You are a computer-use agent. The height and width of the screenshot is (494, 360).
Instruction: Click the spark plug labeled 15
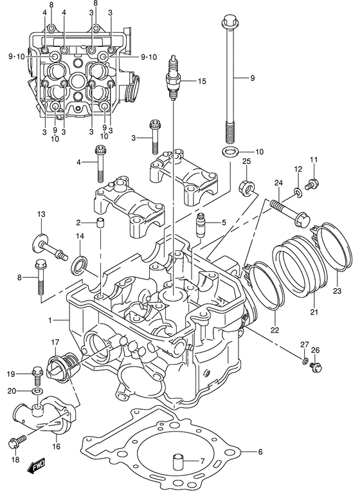coord(172,80)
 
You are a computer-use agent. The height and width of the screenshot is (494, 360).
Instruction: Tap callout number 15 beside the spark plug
coord(201,81)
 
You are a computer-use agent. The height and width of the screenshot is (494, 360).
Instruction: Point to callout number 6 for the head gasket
coord(260,452)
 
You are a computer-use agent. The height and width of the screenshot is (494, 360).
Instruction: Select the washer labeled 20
coord(37,391)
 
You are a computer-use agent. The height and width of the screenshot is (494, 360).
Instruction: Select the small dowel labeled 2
coord(100,224)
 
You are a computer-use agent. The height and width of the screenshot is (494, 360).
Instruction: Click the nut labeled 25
coord(246,187)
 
